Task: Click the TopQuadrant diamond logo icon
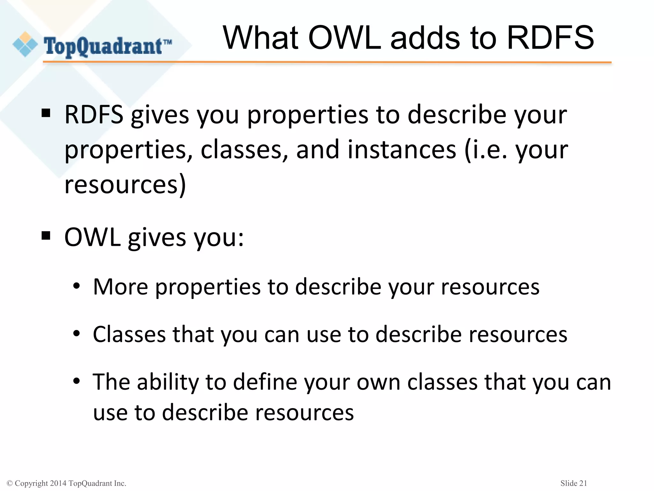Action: point(25,44)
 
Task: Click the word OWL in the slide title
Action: point(345,38)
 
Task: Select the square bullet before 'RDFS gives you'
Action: point(46,113)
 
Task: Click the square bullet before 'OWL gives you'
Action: point(46,236)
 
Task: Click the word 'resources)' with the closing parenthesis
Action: point(125,184)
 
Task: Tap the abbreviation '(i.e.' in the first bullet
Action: point(485,150)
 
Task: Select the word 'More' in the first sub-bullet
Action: point(120,287)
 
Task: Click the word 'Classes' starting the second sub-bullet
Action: point(129,334)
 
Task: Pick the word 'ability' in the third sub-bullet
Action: point(168,382)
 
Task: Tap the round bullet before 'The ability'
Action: point(76,381)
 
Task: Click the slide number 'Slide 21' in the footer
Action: point(574,483)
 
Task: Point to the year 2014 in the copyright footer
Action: point(58,483)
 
